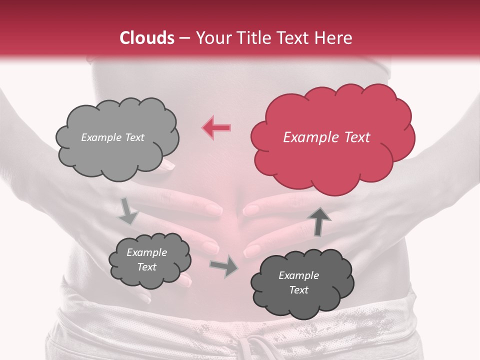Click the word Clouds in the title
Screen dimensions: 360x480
[147, 38]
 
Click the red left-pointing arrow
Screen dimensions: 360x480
[216, 128]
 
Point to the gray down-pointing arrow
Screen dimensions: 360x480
[128, 210]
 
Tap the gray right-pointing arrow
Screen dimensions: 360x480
[223, 265]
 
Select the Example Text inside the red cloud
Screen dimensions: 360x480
[326, 137]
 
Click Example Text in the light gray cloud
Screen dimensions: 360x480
[112, 137]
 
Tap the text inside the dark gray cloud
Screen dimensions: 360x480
[298, 282]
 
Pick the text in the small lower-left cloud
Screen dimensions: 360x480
[146, 259]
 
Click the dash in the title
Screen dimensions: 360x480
[184, 38]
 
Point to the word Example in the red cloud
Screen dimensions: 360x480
[306, 137]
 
